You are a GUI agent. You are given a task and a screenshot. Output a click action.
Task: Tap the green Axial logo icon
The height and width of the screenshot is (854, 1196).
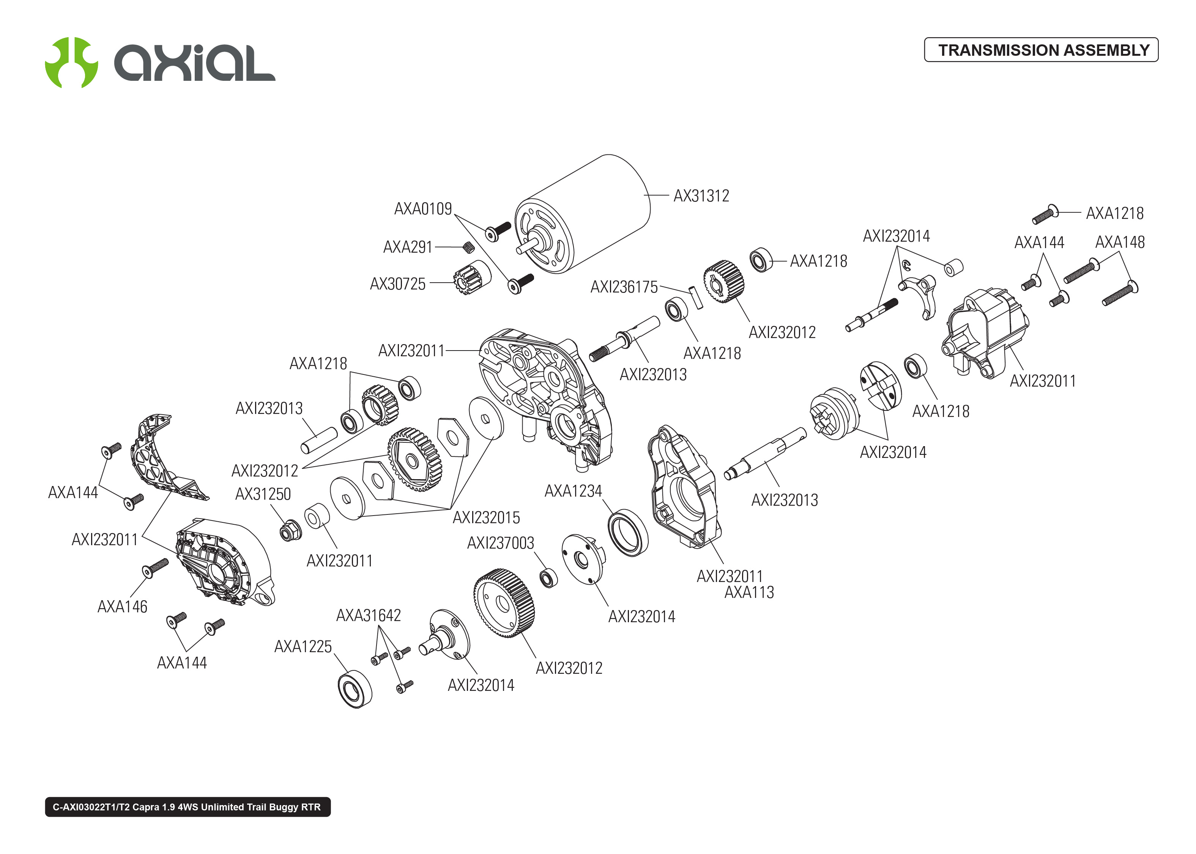point(71,63)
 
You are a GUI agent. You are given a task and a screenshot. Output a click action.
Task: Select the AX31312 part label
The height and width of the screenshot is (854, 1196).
point(701,196)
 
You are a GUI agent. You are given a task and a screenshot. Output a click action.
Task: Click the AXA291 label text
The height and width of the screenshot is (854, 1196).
point(408,247)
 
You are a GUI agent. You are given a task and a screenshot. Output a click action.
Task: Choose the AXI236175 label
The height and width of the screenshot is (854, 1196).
point(624,287)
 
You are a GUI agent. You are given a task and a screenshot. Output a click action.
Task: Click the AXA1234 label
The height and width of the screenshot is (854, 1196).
point(573,491)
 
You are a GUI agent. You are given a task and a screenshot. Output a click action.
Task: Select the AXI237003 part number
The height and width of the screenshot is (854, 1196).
point(500,543)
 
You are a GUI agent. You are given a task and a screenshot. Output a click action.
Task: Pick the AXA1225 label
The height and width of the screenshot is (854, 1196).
point(303,647)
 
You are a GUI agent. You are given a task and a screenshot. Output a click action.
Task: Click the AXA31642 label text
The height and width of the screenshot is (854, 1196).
point(368,616)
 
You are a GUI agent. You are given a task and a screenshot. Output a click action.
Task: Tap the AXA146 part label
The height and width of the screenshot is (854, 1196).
point(122,607)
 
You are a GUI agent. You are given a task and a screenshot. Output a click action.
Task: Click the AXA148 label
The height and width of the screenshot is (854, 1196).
point(1119,242)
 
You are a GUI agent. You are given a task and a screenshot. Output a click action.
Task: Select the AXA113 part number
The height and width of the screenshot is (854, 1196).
point(749,593)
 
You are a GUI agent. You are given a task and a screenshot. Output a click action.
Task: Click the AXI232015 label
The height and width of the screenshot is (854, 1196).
point(486,518)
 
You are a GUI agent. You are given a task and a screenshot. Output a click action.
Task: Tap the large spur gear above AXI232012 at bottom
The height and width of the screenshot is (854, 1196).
point(503,603)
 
